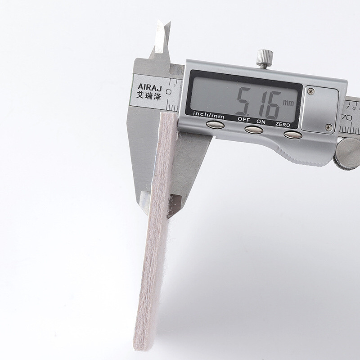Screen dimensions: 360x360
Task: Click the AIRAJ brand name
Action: (x=150, y=87)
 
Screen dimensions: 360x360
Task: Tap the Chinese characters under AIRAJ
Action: (x=149, y=95)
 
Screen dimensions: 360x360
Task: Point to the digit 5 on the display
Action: (x=244, y=101)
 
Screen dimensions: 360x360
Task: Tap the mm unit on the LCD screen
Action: (x=288, y=103)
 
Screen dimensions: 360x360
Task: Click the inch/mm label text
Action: (x=208, y=115)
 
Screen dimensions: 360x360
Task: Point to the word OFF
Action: (x=243, y=119)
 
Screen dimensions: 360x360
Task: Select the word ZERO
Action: (x=283, y=125)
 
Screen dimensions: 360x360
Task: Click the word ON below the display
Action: (x=261, y=122)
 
